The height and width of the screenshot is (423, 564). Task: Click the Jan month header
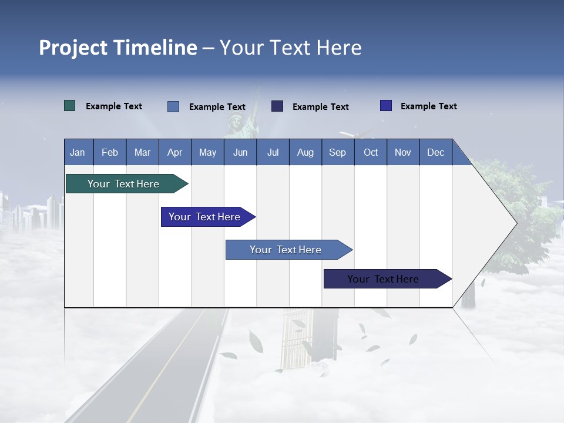point(78,152)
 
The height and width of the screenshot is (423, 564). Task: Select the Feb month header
point(110,152)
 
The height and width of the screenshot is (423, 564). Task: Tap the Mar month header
point(142,152)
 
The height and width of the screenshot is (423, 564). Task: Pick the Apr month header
point(175,152)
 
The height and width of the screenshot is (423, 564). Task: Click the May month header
point(207,152)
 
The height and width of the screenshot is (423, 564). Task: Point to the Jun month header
point(240,152)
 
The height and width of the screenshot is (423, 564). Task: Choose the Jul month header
point(273,152)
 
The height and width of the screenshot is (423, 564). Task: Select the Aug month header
point(305,152)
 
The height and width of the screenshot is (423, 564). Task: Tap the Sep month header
point(338,152)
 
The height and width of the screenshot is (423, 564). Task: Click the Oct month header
point(371,152)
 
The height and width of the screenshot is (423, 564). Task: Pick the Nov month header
point(403,152)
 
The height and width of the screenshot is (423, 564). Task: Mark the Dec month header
point(436,152)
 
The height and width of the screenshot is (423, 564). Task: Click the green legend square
point(70,106)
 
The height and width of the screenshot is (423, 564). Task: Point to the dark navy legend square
point(277,106)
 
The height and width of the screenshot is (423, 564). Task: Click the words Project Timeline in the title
point(118,48)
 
